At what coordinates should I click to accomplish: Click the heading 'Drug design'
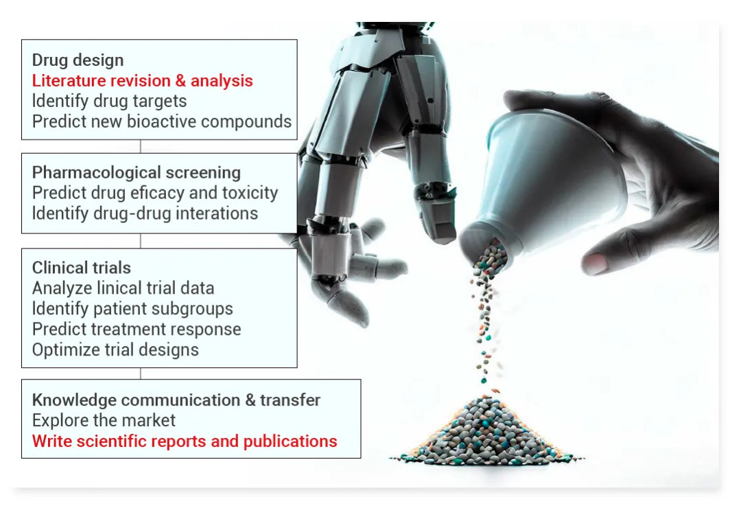click(x=78, y=60)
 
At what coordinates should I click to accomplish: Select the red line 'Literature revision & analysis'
click(x=143, y=80)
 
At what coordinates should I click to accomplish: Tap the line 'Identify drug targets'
click(x=109, y=101)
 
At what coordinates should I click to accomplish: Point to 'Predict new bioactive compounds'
click(x=161, y=121)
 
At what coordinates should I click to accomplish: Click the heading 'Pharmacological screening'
click(x=137, y=172)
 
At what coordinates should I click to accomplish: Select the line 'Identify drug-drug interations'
click(x=145, y=213)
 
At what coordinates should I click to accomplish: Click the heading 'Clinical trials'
click(x=82, y=268)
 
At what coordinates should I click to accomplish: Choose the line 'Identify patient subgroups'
click(x=132, y=309)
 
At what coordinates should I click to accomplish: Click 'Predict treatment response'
click(x=137, y=329)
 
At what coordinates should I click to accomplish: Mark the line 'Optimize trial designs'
click(x=115, y=350)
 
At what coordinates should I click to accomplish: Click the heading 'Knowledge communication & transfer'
click(x=176, y=400)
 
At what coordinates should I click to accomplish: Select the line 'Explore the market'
click(x=104, y=421)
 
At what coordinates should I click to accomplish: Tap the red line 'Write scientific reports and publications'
click(x=185, y=441)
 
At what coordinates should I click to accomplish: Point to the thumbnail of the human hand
click(x=596, y=264)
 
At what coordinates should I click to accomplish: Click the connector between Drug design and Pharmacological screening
click(x=141, y=146)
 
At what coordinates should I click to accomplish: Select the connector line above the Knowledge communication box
click(x=141, y=373)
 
